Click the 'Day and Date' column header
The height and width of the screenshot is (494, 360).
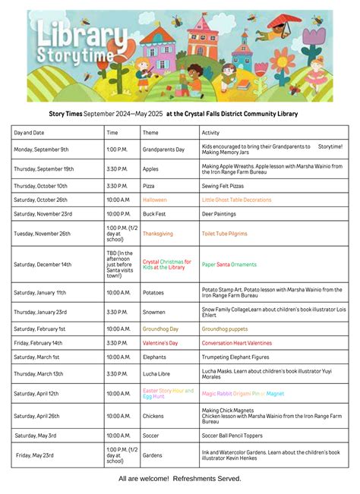[x=30, y=133]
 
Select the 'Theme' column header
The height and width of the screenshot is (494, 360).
[x=150, y=133]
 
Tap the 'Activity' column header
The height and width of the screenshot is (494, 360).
[x=210, y=133]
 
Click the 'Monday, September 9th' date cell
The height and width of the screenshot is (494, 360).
[x=41, y=149]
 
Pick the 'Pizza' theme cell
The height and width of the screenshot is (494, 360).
[x=150, y=186]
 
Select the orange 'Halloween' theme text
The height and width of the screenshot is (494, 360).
[x=154, y=200]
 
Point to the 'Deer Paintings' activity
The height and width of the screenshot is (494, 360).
[x=220, y=214]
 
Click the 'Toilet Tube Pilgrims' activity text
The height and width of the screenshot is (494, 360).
[x=224, y=234]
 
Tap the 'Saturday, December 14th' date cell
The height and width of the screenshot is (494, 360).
[x=43, y=264]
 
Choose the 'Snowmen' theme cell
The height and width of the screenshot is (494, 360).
[x=154, y=312]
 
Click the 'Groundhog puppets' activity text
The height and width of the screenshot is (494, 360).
[x=224, y=329]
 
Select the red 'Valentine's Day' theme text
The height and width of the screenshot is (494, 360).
[x=160, y=343]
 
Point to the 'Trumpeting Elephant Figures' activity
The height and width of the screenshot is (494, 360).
[x=236, y=357]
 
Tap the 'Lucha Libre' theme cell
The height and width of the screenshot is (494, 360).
[x=157, y=373]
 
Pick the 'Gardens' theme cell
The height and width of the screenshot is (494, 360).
[x=153, y=455]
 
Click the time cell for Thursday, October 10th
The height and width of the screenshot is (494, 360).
[x=117, y=186]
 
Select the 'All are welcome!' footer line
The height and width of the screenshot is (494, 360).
[x=180, y=479]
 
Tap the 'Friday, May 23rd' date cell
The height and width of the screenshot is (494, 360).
[x=37, y=455]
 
